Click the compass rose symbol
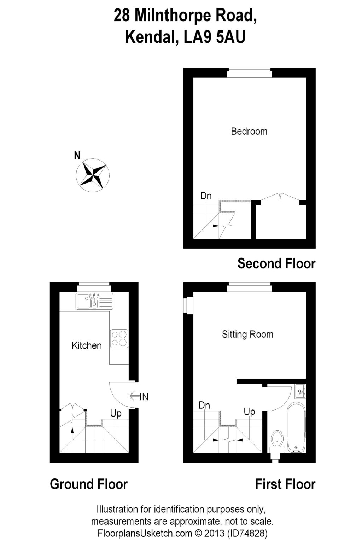(93, 175)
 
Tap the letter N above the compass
(77, 156)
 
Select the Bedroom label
(249, 132)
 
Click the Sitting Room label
(247, 334)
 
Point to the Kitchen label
(87, 345)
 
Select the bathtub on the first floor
(297, 428)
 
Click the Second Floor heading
(276, 263)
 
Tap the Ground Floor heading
(89, 484)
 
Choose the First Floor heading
(285, 484)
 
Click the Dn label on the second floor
(206, 196)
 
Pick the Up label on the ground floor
(116, 413)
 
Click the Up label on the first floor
(249, 412)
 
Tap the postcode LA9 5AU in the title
(214, 37)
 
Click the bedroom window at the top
(250, 73)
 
